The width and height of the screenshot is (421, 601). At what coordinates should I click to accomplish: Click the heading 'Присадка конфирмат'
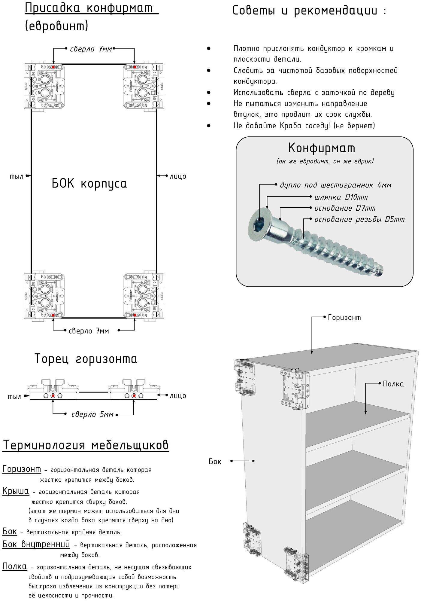(x=91, y=9)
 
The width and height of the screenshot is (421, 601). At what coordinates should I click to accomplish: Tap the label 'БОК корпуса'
(x=89, y=183)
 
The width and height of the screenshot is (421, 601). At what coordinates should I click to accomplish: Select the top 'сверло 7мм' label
(x=91, y=49)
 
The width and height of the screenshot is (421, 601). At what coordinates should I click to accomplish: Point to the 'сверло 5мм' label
(x=92, y=415)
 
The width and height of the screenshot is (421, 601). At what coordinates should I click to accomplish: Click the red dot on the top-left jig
(x=53, y=67)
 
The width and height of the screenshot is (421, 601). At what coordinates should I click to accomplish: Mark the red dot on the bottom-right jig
(x=135, y=315)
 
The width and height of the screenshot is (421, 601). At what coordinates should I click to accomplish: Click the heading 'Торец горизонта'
(x=86, y=359)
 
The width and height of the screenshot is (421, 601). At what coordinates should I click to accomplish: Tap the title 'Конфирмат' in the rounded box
(x=322, y=148)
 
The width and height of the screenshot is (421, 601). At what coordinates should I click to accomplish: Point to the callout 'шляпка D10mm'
(x=341, y=197)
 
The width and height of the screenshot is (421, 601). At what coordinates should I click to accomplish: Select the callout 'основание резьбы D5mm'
(x=359, y=220)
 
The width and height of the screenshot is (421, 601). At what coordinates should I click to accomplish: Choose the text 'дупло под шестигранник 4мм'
(x=336, y=185)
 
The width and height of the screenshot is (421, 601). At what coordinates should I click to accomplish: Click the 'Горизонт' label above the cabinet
(x=344, y=318)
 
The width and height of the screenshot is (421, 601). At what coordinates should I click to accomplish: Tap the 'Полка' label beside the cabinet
(x=393, y=384)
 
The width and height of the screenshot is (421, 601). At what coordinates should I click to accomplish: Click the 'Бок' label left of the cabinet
(x=215, y=462)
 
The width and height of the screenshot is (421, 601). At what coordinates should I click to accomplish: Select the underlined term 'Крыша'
(x=16, y=491)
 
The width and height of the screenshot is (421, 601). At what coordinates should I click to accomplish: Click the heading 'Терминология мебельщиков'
(x=86, y=445)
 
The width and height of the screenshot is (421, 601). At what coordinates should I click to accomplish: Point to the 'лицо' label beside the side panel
(x=178, y=176)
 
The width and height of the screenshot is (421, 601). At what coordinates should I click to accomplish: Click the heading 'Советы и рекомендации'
(x=309, y=11)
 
